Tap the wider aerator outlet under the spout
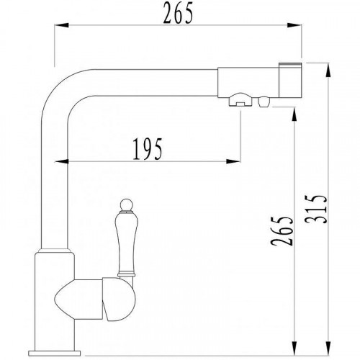pyautogui.click(x=261, y=103)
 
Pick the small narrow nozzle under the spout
pyautogui.click(x=235, y=103)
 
